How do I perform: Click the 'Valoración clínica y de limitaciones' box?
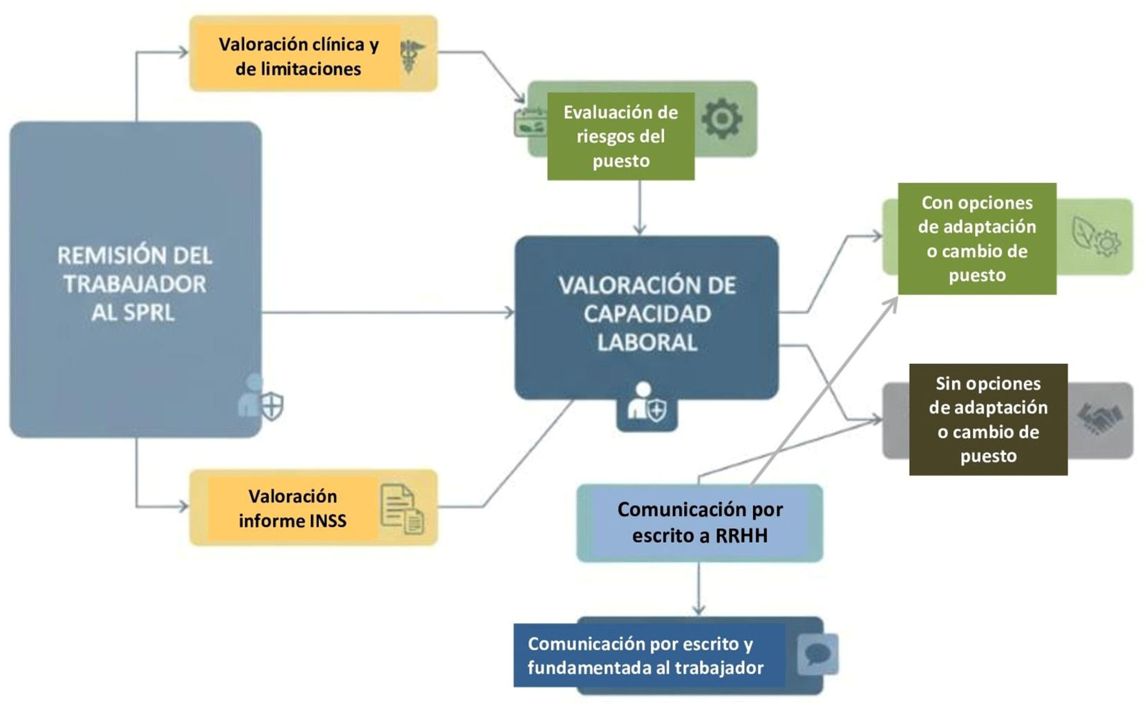[298, 57]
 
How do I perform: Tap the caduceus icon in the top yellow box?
[413, 55]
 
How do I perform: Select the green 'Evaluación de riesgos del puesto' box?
[620, 136]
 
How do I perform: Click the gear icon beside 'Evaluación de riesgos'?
[722, 118]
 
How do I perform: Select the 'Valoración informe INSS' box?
[292, 508]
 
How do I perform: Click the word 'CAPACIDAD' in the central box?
[647, 314]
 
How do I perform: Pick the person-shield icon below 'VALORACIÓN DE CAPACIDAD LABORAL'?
[647, 403]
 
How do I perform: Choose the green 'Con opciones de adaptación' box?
[976, 239]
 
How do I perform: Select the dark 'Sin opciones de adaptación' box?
[987, 419]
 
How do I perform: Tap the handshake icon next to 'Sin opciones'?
[1099, 419]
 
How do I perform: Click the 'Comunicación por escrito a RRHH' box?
[699, 523]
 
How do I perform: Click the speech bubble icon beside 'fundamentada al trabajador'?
[817, 653]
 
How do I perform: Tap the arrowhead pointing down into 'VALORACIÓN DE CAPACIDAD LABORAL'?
[640, 229]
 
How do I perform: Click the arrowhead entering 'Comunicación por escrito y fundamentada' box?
[699, 610]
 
